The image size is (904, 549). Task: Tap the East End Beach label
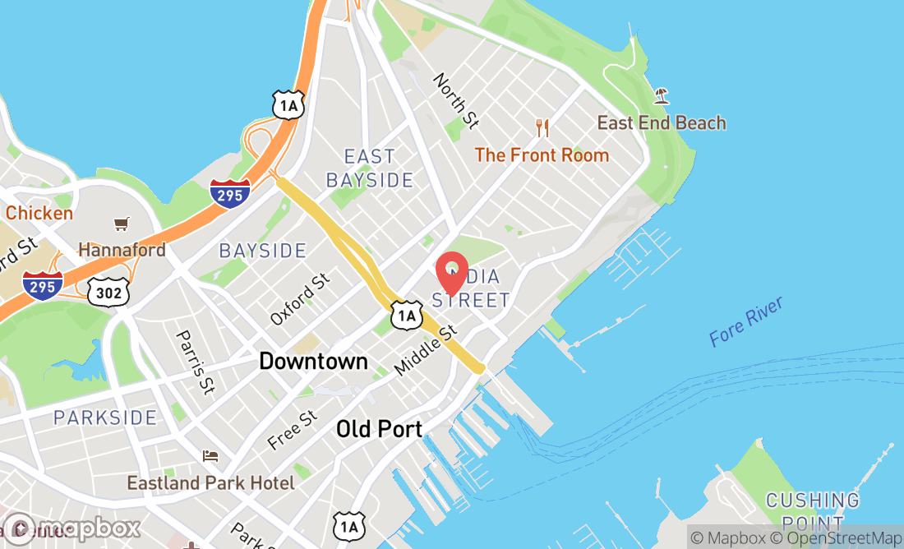[662, 123]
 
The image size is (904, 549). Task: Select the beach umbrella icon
[661, 96]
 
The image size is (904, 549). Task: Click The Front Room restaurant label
[542, 155]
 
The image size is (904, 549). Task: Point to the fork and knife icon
[542, 127]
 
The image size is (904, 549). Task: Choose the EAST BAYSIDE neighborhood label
[370, 168]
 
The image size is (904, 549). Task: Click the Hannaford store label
[122, 249]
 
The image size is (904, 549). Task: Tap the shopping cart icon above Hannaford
[122, 224]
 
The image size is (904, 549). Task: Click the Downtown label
[313, 361]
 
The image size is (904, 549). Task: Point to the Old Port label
[380, 428]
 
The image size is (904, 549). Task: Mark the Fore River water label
[746, 321]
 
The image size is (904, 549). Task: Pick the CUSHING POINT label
[812, 510]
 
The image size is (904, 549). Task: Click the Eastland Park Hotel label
[210, 482]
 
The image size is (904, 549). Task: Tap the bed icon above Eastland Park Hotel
[211, 455]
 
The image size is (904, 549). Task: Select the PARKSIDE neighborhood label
[105, 418]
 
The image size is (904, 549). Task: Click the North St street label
[456, 101]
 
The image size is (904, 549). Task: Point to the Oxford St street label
[300, 299]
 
